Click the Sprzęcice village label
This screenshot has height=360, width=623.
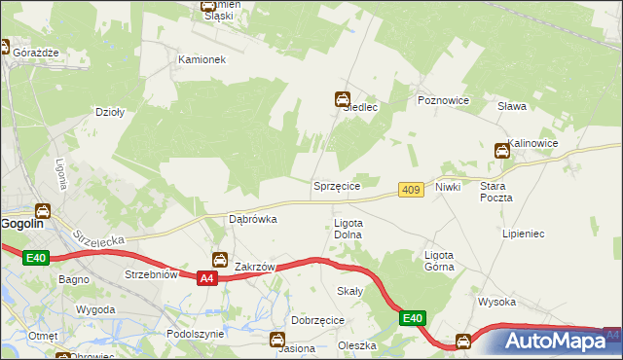tap(337, 185)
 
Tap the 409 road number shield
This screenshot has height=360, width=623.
tap(411, 191)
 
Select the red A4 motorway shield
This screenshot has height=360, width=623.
tap(205, 279)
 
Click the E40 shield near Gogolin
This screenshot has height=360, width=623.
tap(36, 257)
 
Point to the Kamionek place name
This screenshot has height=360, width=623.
tap(202, 59)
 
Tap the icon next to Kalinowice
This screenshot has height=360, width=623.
tap(501, 150)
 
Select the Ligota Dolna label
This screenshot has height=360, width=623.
tap(348, 229)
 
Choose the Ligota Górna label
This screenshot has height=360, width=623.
tap(438, 261)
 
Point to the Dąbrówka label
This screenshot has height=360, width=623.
tap(252, 219)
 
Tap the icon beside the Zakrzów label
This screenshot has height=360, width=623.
tap(221, 260)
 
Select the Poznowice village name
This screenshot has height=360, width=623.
tap(443, 100)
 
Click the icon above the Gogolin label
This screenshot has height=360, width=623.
tap(44, 210)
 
